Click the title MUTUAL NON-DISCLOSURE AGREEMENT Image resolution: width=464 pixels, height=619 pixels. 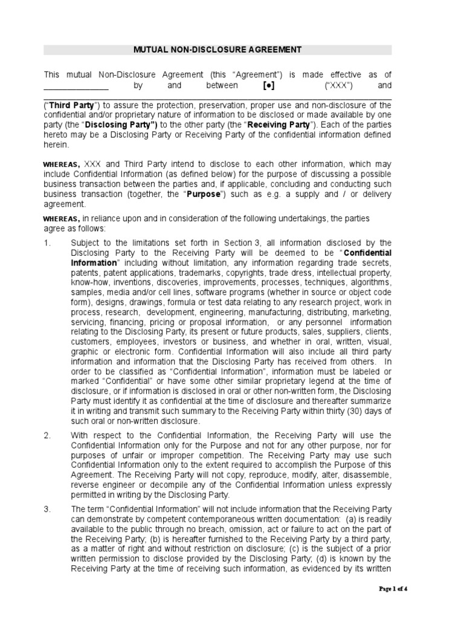coord(217,50)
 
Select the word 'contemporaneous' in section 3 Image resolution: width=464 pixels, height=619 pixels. coord(204,519)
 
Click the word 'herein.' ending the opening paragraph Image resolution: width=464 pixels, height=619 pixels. coord(56,144)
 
